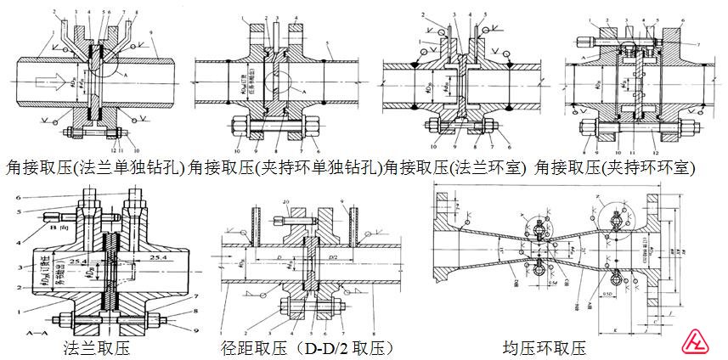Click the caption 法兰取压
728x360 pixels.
pyautogui.click(x=96, y=347)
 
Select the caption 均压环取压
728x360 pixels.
pyautogui.click(x=544, y=347)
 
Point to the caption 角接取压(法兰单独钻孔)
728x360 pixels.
pyautogui.click(x=95, y=167)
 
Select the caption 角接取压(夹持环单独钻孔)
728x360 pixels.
pyautogui.click(x=284, y=167)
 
